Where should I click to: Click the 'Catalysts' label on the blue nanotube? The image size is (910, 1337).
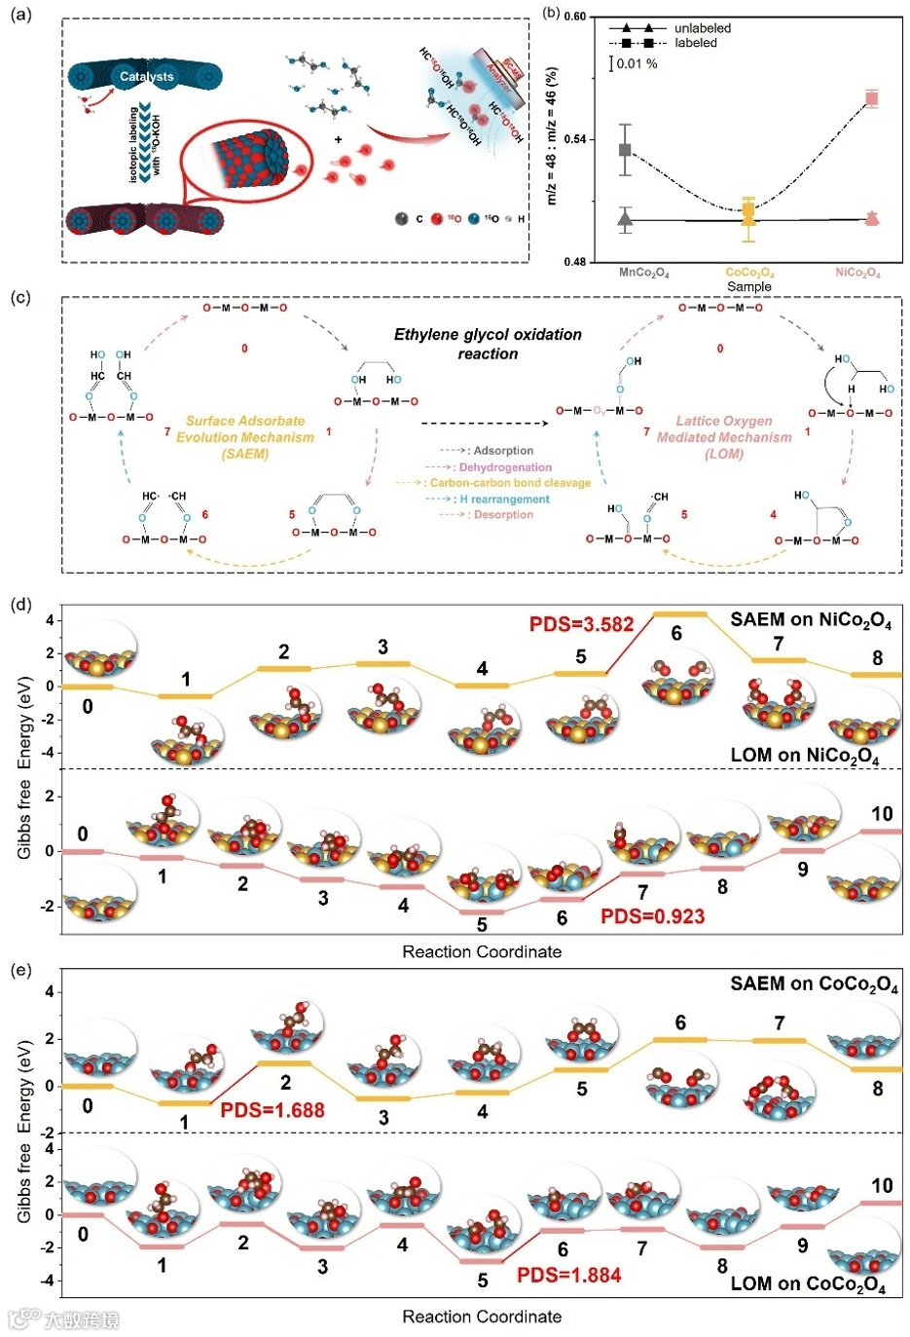tap(146, 76)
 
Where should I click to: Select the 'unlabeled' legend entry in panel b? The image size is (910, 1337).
tap(702, 28)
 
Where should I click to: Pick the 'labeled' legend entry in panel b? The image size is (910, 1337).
tap(695, 43)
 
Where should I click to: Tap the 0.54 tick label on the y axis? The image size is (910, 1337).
tap(575, 139)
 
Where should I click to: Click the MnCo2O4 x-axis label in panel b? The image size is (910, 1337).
tap(644, 273)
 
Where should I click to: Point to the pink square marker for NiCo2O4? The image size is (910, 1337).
tap(872, 97)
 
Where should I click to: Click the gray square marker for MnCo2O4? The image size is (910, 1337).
tap(626, 150)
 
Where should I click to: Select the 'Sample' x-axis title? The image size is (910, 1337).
tap(748, 286)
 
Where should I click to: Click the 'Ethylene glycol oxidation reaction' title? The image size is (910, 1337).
tap(488, 344)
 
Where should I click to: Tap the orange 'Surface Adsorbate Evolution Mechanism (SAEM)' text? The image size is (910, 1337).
tap(245, 437)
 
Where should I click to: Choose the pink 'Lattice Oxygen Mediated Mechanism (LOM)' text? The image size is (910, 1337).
tap(724, 436)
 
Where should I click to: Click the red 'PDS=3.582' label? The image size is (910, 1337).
tap(581, 624)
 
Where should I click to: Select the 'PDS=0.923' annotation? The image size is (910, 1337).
tap(652, 916)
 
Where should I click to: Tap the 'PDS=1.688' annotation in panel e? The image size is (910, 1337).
tap(273, 1110)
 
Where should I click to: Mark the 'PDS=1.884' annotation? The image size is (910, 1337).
tap(568, 1275)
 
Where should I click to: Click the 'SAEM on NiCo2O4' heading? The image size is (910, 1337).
tap(811, 620)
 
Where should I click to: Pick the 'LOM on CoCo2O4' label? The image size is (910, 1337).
tap(808, 1283)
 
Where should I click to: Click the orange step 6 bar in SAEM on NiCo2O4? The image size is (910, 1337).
tap(679, 613)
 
